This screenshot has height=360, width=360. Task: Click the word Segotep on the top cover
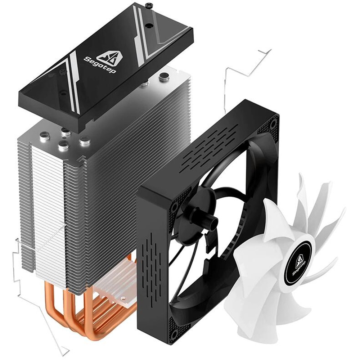click(100, 66)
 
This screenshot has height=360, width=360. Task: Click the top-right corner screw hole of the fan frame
click(273, 124)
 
